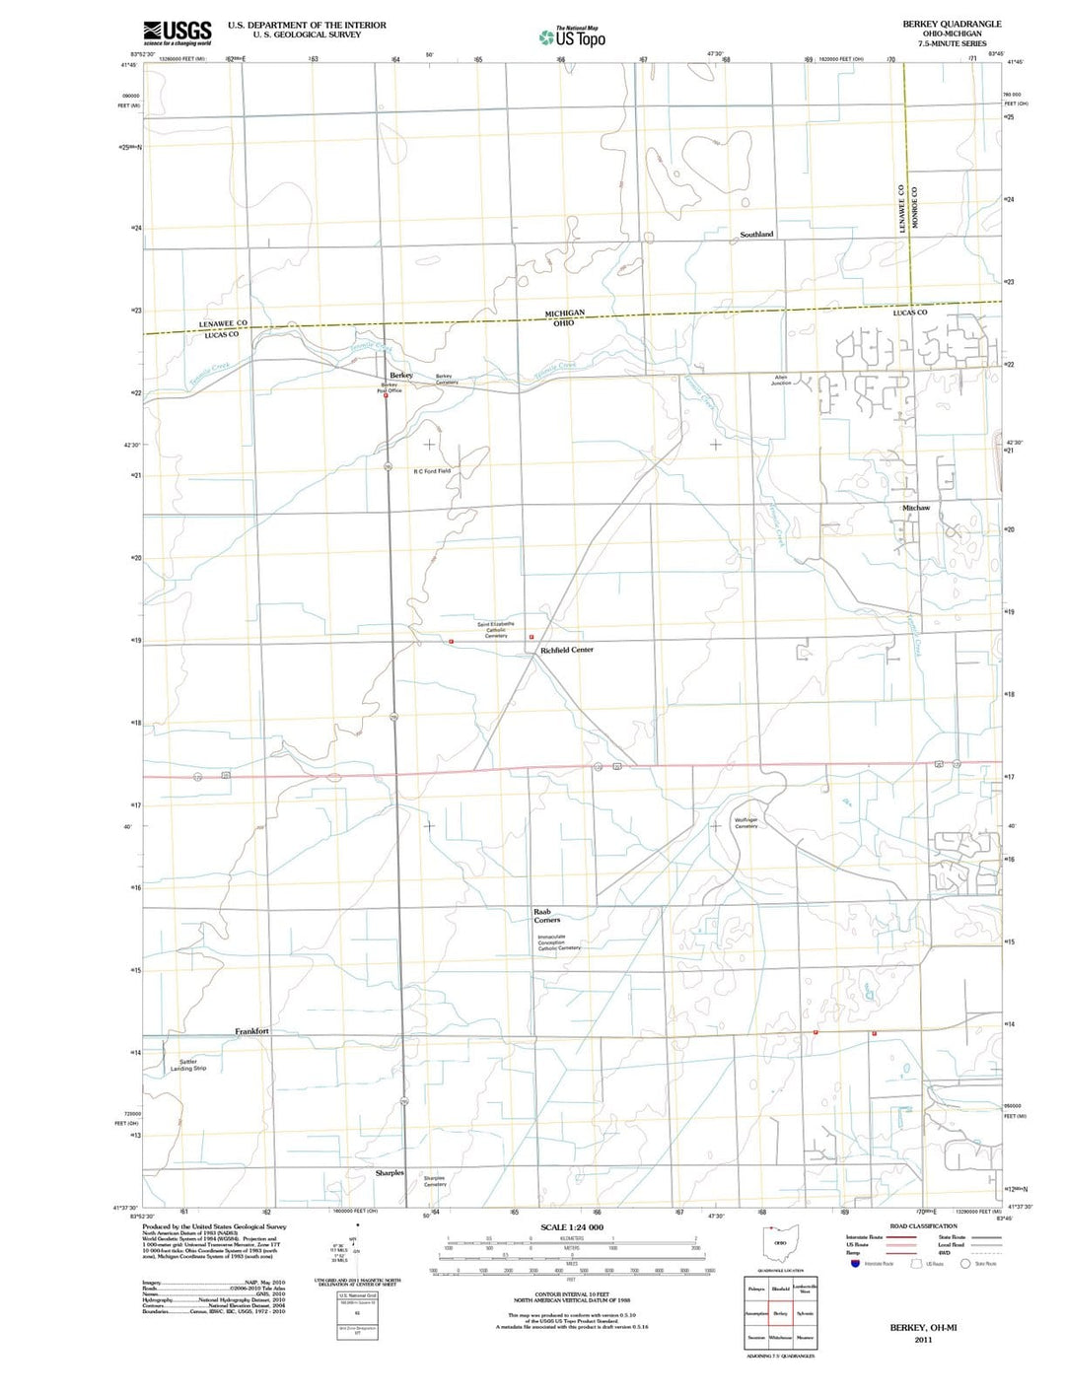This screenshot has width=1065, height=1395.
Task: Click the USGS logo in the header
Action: coord(177,34)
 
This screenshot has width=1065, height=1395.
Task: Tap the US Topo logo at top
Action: coord(572,37)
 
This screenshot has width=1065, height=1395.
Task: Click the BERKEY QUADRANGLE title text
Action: coord(951,24)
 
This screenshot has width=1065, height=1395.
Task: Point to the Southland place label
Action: coord(756,235)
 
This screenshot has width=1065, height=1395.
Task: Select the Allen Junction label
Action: coord(781,380)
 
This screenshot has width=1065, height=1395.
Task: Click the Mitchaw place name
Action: coord(915,508)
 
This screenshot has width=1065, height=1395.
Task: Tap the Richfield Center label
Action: coord(566,651)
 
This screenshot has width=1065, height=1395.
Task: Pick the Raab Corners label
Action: coord(546,916)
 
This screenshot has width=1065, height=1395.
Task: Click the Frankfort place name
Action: coord(251,1031)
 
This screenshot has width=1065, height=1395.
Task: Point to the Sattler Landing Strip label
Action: coord(187,1065)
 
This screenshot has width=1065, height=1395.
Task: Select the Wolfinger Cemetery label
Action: coord(746,822)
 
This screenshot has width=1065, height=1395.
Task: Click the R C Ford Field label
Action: coord(432,471)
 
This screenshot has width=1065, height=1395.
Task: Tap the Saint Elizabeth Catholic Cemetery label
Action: coord(495,629)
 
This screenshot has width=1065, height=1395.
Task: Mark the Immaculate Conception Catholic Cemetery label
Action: coord(558,942)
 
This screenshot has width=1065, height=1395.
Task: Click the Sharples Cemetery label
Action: coord(435,1180)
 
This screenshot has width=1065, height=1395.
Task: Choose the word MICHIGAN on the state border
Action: coord(565,313)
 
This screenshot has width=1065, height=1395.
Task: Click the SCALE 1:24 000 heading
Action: coord(572,1227)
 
